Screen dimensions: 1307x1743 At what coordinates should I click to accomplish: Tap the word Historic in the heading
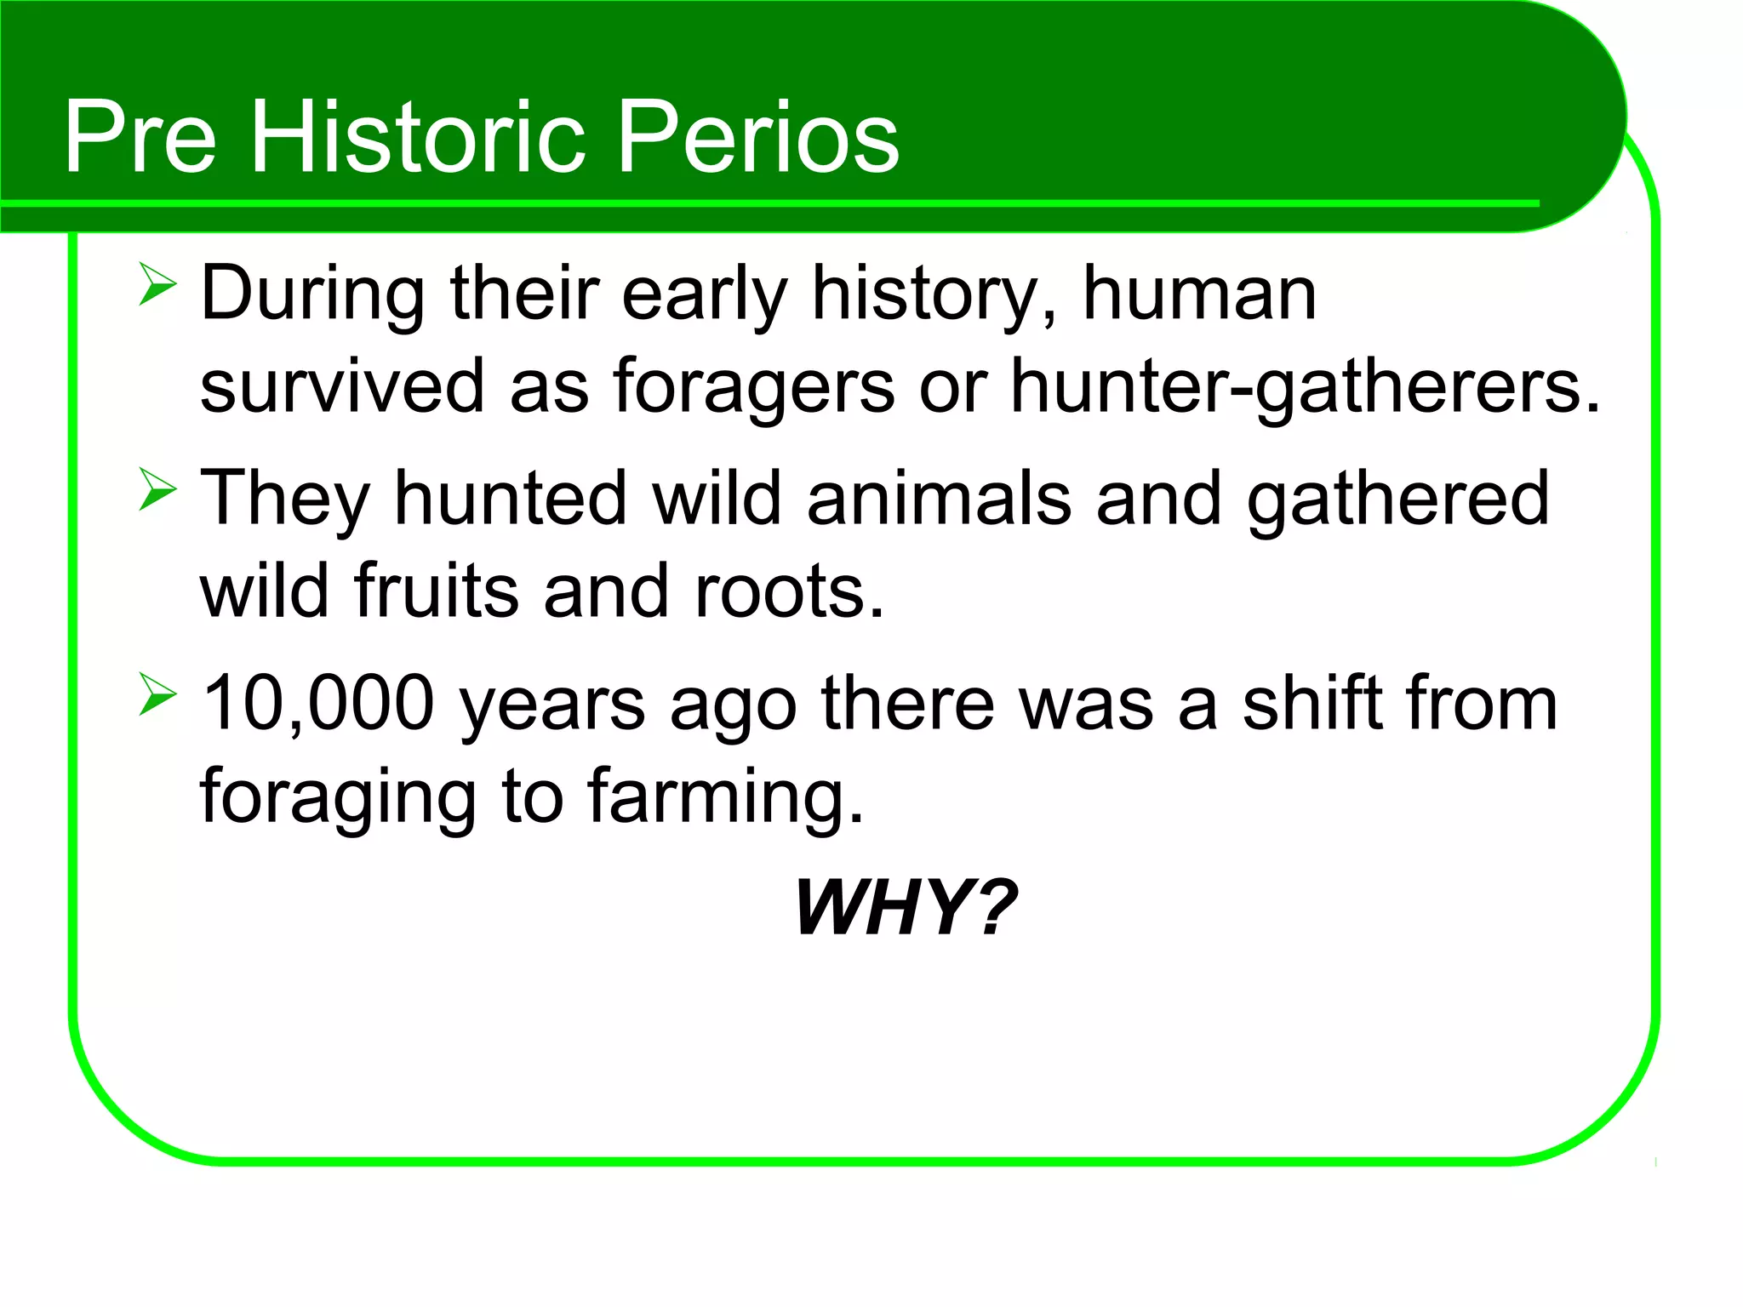417,136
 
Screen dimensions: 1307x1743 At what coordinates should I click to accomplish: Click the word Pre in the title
140,136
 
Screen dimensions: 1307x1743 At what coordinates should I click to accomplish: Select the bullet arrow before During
157,285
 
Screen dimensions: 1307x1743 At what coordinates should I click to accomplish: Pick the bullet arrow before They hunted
157,490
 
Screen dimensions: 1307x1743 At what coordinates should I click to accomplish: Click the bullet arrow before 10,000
157,695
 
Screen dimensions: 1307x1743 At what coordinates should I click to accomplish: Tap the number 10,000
318,704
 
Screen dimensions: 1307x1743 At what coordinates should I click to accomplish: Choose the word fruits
436,591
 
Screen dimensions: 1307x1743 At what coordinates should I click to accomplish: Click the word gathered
1397,499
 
